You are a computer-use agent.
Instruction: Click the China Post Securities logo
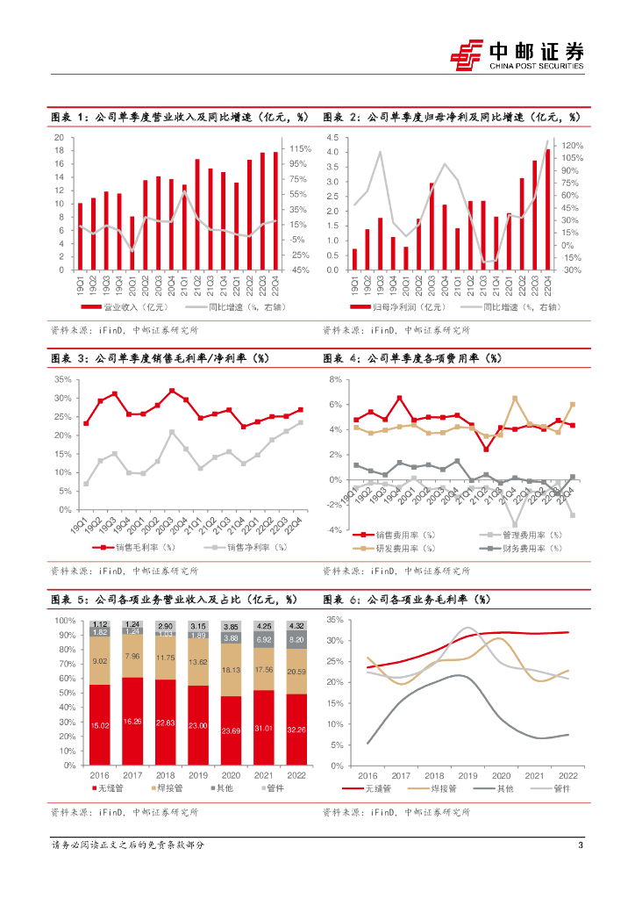pos(517,54)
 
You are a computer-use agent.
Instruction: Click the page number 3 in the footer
pos(581,845)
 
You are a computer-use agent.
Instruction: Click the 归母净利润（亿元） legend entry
pos(394,307)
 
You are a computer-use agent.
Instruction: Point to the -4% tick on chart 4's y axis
pos(334,530)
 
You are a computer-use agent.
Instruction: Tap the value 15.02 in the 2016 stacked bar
pos(100,725)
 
